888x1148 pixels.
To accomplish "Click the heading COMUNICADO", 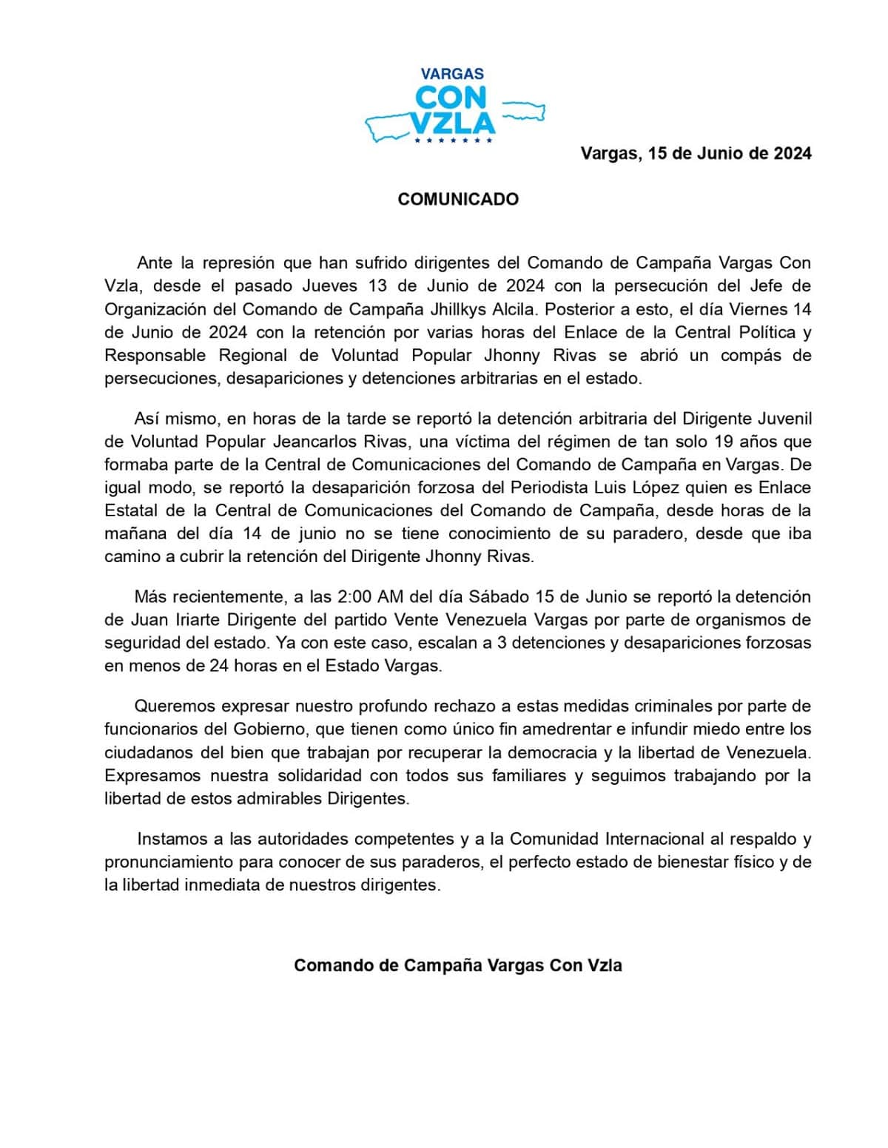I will pos(458,199).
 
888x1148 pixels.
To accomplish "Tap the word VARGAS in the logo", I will pos(452,74).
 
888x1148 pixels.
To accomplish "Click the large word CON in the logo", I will pos(451,97).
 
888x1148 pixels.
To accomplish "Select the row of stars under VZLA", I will pos(453,140).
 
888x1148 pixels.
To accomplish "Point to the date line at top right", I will pos(696,153).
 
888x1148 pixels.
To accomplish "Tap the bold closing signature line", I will pos(458,965).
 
